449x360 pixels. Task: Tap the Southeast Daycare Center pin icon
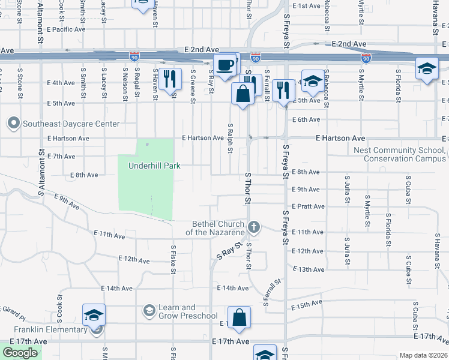(13, 124)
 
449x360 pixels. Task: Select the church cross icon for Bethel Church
(254, 227)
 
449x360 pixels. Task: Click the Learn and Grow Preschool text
(187, 312)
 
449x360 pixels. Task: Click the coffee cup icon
(226, 64)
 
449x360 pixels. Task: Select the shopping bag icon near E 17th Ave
(239, 318)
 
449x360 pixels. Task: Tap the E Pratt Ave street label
(308, 206)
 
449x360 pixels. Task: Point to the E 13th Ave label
(308, 269)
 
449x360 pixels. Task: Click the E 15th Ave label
(307, 307)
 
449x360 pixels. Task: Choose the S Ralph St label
(230, 138)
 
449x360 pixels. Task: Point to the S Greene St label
(193, 86)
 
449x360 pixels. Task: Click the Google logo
(20, 353)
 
